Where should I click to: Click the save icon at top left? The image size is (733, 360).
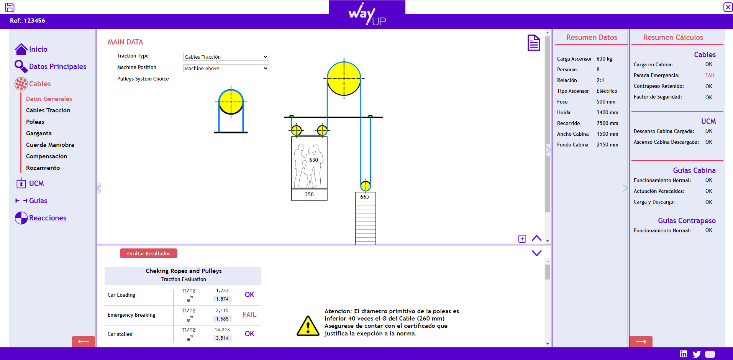[10, 7]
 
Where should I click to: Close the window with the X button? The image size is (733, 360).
[728, 7]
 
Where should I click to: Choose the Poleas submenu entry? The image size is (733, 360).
[35, 122]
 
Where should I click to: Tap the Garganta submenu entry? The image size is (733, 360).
[39, 133]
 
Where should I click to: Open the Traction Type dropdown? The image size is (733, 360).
[226, 57]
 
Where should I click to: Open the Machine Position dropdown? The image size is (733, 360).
[226, 68]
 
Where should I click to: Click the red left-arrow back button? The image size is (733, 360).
[84, 341]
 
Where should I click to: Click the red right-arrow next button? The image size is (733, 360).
[641, 341]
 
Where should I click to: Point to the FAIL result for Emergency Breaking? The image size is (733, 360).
[249, 315]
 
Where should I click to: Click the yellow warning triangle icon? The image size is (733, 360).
[308, 326]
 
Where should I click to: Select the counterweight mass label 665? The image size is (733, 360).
[364, 197]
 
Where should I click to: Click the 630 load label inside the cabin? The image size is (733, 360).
[313, 160]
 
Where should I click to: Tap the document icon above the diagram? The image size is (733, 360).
[534, 43]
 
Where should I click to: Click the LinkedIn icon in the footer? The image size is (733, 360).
[684, 354]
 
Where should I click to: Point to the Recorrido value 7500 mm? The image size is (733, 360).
[607, 123]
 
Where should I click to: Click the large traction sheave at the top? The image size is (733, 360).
[344, 79]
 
